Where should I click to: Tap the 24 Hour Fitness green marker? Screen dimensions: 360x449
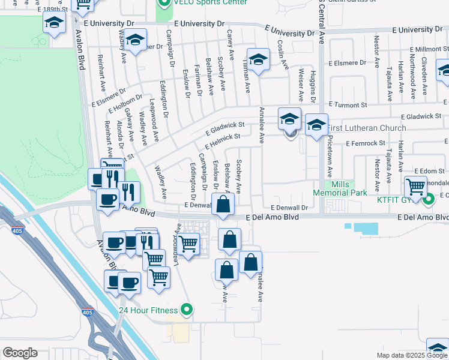tap(187, 310)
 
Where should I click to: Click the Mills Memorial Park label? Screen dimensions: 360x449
tap(339, 188)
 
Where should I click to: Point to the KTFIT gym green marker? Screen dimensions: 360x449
tap(430, 197)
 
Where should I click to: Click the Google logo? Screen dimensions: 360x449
tap(20, 353)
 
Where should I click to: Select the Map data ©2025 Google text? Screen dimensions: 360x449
tap(411, 355)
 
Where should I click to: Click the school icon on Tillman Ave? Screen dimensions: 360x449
tap(258, 60)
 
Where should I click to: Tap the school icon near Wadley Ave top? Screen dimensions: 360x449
tap(136, 41)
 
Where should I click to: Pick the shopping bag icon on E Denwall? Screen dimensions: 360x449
tap(223, 203)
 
